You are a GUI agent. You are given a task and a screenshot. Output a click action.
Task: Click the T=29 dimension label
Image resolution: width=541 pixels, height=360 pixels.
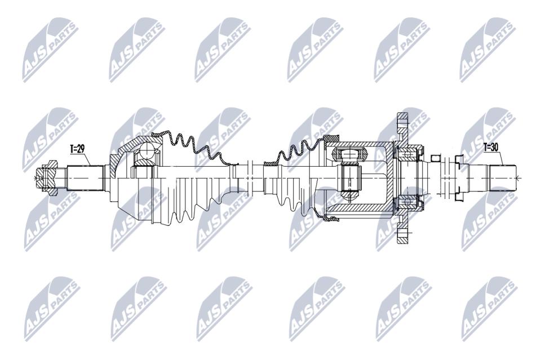pyautogui.click(x=77, y=149)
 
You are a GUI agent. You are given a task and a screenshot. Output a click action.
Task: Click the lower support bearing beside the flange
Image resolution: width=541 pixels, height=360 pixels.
pyautogui.click(x=409, y=202)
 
